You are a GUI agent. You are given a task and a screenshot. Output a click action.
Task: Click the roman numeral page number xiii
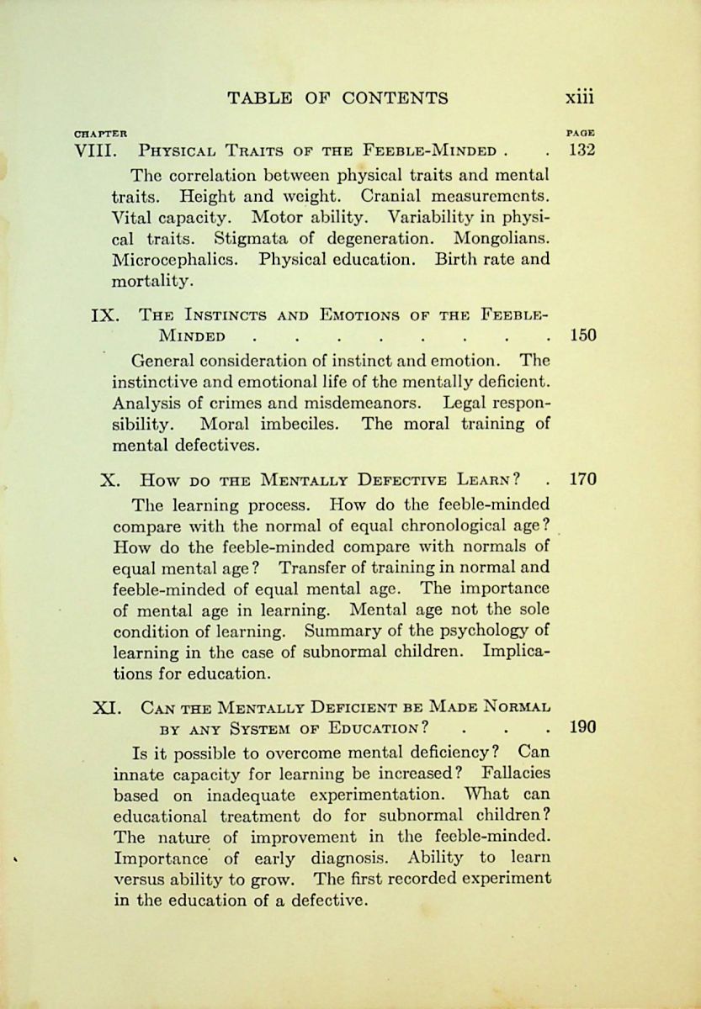tap(579, 98)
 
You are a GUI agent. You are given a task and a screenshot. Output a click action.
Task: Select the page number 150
tap(582, 336)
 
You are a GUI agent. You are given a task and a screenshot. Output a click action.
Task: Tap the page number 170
tap(582, 480)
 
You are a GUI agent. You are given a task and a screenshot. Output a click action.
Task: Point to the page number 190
tap(582, 726)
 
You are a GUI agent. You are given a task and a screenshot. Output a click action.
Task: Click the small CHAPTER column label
tap(100, 133)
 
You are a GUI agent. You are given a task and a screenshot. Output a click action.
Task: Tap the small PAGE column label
tap(582, 133)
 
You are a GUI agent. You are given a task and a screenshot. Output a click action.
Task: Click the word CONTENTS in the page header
tap(396, 98)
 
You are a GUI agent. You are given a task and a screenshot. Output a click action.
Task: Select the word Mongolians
tap(496, 238)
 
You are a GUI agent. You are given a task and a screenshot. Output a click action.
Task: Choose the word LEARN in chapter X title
tap(486, 480)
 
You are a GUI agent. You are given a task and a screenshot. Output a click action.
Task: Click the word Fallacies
tap(516, 772)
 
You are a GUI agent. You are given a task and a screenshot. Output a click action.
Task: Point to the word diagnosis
tap(348, 858)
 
